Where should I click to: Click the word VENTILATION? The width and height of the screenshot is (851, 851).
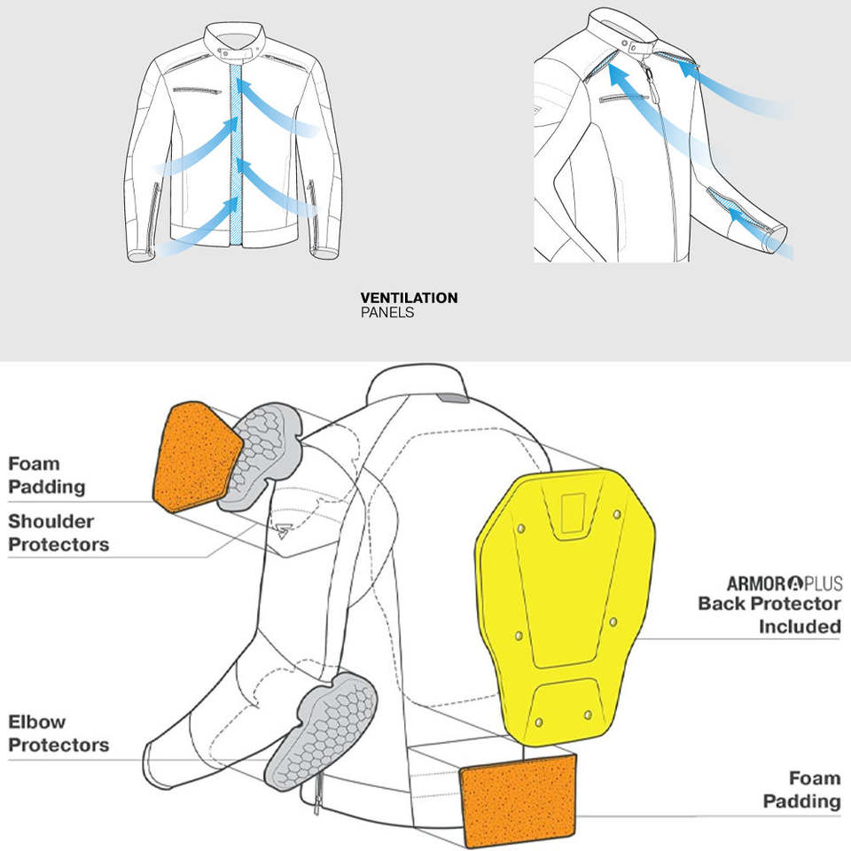tap(409, 298)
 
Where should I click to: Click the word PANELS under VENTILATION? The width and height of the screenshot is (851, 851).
tap(387, 313)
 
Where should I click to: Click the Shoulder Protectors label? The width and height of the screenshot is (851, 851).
tap(59, 533)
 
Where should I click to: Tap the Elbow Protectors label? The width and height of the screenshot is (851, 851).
tap(59, 733)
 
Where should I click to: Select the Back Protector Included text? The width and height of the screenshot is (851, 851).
tap(769, 614)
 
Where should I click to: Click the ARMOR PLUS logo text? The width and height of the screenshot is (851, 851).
tap(785, 583)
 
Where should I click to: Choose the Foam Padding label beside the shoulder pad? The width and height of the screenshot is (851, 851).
tap(47, 475)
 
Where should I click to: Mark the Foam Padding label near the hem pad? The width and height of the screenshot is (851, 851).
tap(801, 790)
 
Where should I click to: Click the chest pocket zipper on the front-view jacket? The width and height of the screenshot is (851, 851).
tap(197, 90)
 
